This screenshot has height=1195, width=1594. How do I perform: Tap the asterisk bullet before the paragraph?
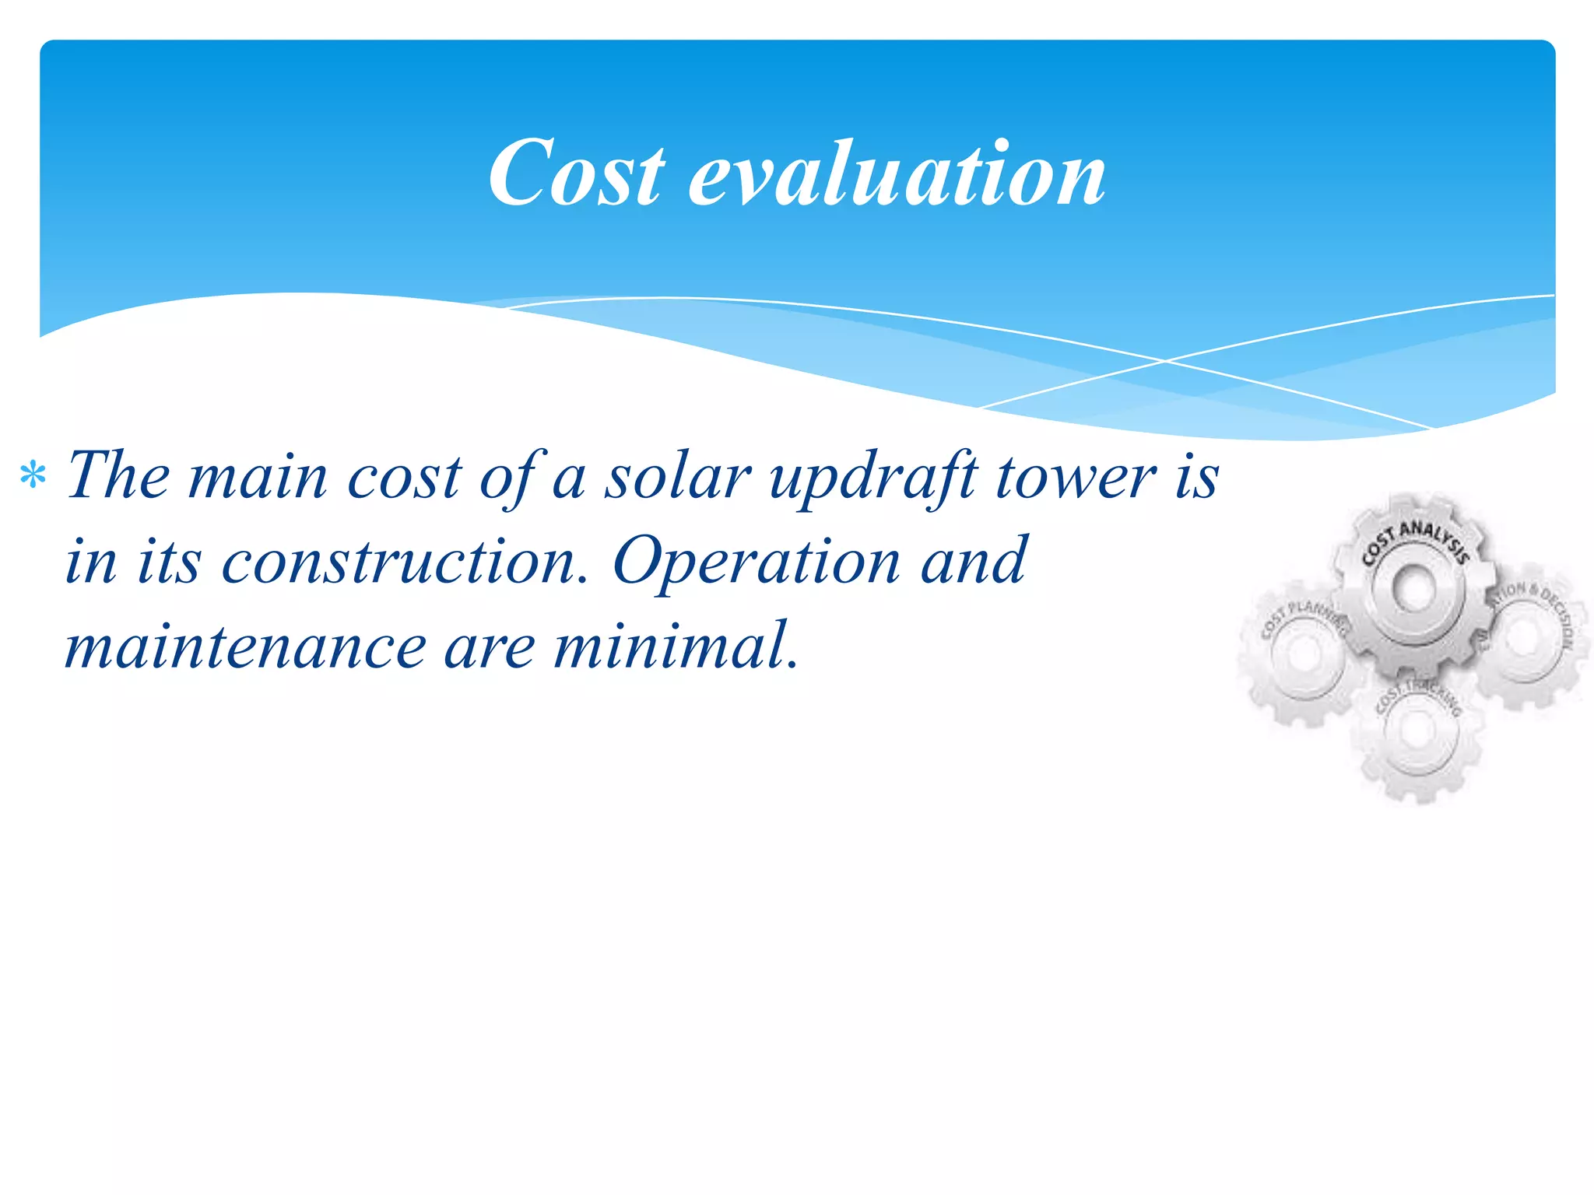33,475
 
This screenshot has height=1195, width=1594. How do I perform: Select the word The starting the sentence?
118,475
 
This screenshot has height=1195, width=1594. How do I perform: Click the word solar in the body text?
678,475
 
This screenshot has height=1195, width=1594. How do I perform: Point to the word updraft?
872,477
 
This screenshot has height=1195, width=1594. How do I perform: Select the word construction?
405,561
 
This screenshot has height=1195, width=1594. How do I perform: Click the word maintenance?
245,647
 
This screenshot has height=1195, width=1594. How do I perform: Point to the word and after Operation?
973,561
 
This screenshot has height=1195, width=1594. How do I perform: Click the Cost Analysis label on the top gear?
1414,540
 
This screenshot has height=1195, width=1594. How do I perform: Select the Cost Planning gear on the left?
1304,654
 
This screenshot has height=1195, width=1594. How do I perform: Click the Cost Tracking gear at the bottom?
1417,731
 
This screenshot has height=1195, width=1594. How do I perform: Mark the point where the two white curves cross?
1165,361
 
